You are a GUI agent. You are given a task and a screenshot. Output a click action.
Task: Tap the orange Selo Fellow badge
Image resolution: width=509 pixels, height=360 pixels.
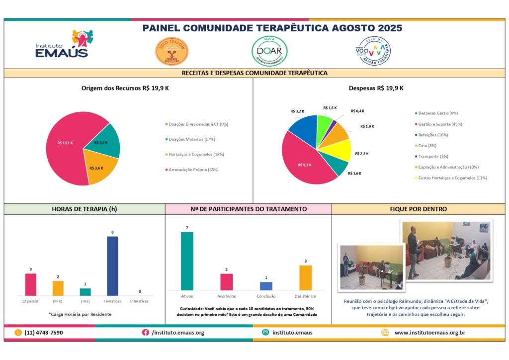(171, 51)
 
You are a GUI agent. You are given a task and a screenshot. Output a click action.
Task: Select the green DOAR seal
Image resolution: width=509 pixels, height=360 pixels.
(269, 51)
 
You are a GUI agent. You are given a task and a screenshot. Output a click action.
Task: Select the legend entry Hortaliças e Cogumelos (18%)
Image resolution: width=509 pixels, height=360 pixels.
(196, 154)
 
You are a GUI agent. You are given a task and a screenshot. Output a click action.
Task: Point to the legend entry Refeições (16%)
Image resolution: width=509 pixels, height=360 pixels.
(432, 134)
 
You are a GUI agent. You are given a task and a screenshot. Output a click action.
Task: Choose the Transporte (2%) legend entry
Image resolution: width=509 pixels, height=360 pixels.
(434, 156)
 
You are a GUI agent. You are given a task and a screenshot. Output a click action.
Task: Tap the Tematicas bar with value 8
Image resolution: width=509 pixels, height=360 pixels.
(113, 266)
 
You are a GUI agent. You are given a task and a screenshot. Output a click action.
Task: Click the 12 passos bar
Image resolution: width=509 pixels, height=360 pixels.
(31, 284)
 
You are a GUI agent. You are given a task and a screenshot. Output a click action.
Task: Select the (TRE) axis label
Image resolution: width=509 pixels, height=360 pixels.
(85, 301)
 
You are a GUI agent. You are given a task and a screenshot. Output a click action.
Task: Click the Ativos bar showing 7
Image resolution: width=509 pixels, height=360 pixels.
(187, 261)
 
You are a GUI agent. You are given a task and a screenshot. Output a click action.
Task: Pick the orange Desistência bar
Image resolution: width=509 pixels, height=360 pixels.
(306, 277)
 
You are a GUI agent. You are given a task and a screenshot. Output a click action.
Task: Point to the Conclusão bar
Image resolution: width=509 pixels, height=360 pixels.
(266, 286)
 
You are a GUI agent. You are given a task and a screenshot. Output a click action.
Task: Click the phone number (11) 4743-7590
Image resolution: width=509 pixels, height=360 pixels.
(44, 333)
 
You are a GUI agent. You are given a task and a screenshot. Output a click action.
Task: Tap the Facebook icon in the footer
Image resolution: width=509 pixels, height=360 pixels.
(146, 333)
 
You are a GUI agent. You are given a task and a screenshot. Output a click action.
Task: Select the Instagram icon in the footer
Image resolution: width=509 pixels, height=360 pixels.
(265, 333)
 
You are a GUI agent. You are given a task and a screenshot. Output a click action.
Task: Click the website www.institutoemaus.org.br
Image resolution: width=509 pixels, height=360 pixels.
(429, 333)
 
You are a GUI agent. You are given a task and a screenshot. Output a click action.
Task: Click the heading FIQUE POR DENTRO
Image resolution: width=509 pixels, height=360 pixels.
(418, 209)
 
